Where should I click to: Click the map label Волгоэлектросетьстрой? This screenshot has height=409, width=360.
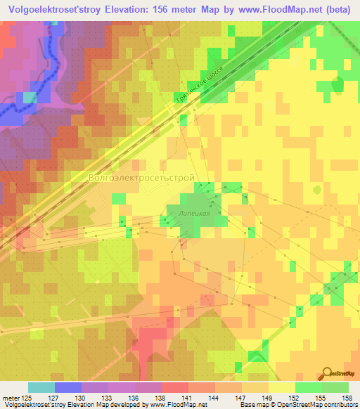point(141,178)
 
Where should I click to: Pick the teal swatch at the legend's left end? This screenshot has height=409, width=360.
point(41,387)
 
